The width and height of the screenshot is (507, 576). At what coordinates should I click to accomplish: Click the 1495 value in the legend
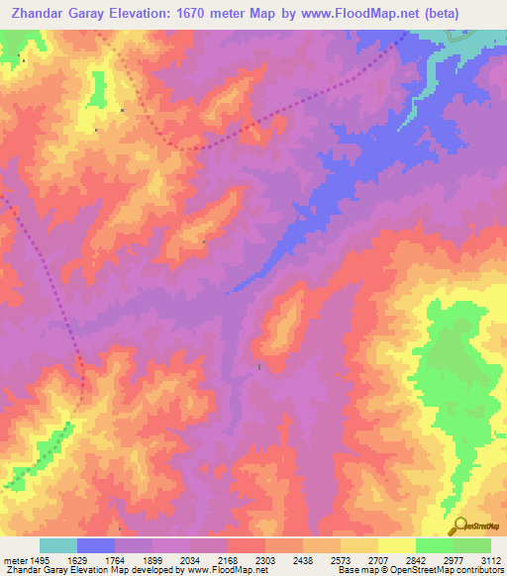click(x=39, y=559)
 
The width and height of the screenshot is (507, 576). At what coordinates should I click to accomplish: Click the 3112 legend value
click(x=491, y=559)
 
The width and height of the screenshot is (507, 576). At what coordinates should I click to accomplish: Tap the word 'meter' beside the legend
click(x=13, y=559)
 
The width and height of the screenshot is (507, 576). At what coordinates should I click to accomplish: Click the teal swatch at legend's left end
click(x=57, y=545)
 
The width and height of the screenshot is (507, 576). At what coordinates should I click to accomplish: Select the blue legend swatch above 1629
click(x=95, y=545)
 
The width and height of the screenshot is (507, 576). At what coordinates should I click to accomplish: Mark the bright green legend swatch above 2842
click(x=434, y=545)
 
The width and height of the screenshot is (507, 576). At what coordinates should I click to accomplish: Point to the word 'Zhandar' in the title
click(x=41, y=14)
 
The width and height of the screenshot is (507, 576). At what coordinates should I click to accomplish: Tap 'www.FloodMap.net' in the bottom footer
click(x=227, y=570)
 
